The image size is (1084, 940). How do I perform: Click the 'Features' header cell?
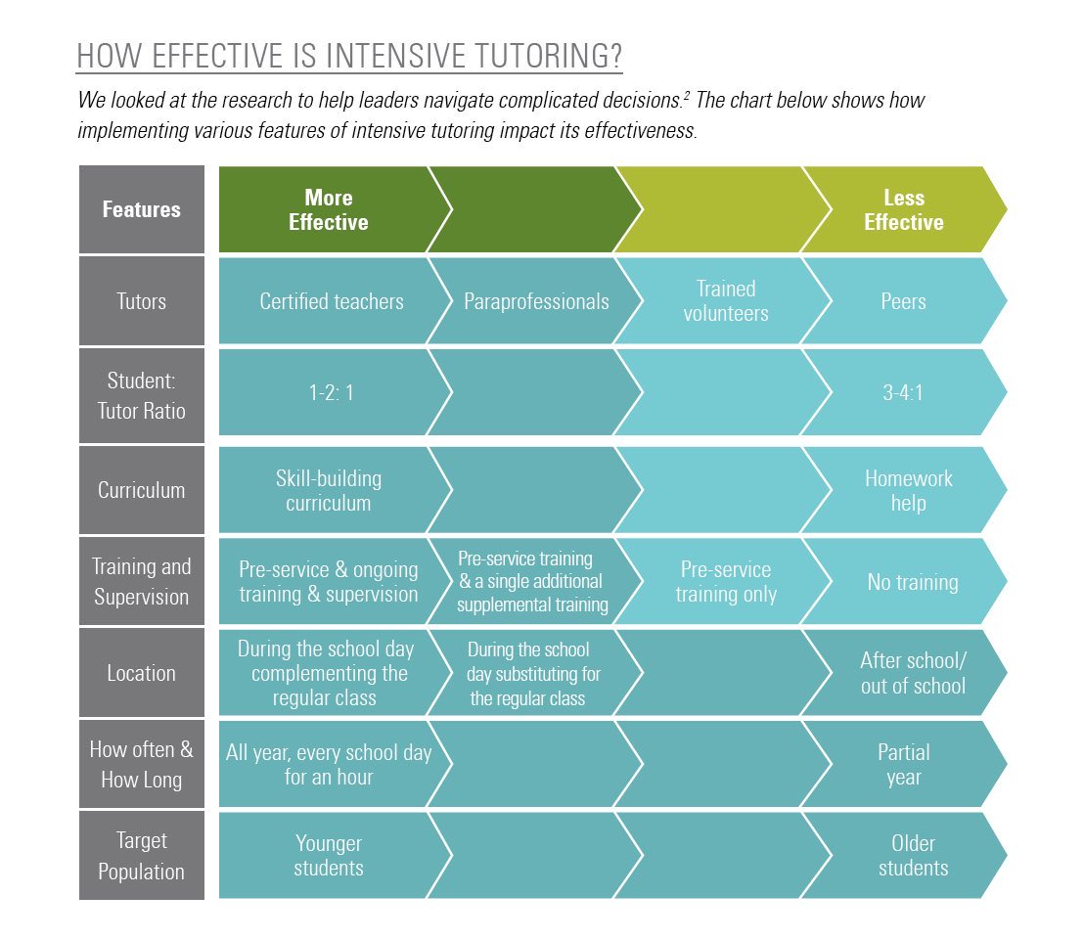click(142, 209)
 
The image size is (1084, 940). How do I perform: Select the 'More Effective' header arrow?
click(329, 209)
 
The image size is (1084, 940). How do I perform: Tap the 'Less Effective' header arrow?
click(903, 209)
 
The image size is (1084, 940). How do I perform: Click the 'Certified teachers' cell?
click(331, 301)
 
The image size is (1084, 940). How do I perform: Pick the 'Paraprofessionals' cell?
click(536, 301)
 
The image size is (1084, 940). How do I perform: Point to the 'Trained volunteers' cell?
click(726, 301)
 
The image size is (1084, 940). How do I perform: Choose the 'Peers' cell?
click(903, 301)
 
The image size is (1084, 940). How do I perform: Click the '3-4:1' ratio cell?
click(903, 392)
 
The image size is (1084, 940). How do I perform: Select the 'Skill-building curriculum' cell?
click(329, 491)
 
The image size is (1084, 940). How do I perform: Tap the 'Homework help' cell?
click(908, 491)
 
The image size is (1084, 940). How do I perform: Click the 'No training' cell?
click(912, 582)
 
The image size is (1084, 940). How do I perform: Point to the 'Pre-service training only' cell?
click(726, 582)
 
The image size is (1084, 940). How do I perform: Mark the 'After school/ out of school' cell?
click(913, 673)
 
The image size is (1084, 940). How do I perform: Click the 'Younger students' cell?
click(329, 856)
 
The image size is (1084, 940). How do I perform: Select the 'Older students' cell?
click(913, 856)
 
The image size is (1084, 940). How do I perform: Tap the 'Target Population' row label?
click(142, 856)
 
